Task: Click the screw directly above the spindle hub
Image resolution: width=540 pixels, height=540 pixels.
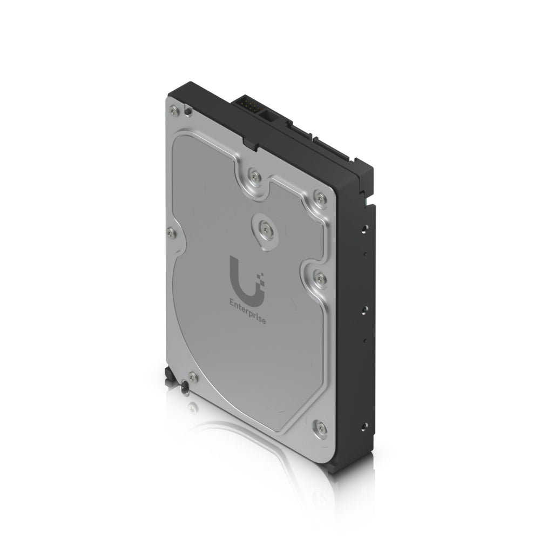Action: [x=254, y=174]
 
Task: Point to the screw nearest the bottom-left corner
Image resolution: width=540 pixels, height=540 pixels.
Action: [x=193, y=376]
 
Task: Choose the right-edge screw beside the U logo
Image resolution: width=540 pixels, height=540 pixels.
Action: [x=319, y=278]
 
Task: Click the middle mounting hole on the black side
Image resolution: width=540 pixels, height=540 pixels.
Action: [x=364, y=309]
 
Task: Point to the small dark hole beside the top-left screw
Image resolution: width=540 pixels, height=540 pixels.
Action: [x=187, y=112]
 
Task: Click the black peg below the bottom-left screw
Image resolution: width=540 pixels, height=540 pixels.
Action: [x=185, y=387]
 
